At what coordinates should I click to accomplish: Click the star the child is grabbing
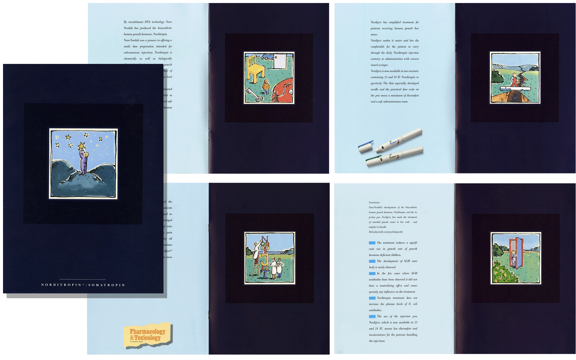point(81,146)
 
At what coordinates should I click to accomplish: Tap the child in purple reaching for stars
point(84,162)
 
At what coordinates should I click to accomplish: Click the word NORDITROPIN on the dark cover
point(61,285)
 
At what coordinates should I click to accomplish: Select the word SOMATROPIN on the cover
point(106,285)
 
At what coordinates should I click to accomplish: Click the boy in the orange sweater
point(266,86)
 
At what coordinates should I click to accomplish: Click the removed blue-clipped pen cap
point(366,146)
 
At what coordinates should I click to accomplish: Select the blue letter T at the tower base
point(265,274)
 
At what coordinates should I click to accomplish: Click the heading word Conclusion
point(374,202)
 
